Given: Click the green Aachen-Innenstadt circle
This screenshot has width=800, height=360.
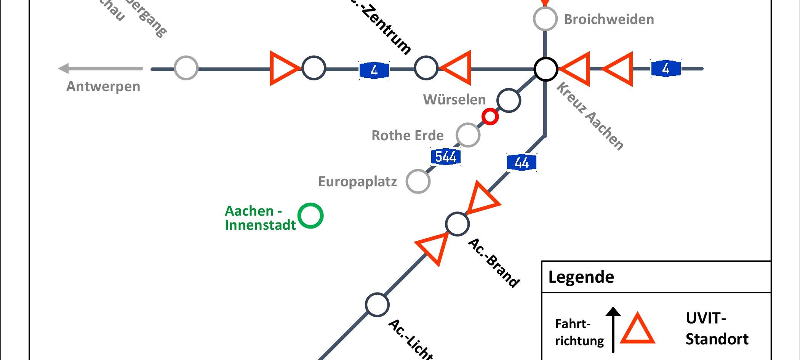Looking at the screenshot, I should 310,216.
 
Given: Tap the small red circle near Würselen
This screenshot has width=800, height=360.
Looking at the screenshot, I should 490,117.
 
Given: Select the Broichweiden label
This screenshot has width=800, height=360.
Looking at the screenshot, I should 609,19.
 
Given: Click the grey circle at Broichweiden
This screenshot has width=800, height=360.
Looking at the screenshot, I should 545,19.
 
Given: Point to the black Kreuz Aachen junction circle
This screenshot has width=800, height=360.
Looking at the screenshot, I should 546,69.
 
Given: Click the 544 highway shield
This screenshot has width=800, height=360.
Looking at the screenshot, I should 445,157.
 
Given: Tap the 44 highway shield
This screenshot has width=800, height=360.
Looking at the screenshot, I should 522,163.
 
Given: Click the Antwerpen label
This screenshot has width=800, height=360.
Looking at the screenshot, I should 103,86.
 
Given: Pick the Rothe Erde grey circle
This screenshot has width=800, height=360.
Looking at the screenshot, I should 468,135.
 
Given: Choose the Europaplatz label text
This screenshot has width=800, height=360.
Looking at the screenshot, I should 357,182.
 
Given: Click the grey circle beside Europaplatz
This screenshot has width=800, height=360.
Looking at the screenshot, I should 418,181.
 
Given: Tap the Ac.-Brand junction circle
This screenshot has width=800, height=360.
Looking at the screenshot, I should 457,224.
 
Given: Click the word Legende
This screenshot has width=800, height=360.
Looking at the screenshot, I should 581,277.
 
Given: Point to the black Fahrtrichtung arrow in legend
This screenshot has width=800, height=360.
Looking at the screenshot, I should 613,330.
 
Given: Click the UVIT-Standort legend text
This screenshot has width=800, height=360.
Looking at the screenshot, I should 717,328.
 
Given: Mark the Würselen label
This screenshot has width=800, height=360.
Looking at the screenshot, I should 454,100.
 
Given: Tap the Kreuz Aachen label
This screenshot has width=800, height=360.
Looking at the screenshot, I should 590,116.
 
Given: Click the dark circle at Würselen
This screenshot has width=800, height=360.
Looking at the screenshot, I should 509,100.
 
